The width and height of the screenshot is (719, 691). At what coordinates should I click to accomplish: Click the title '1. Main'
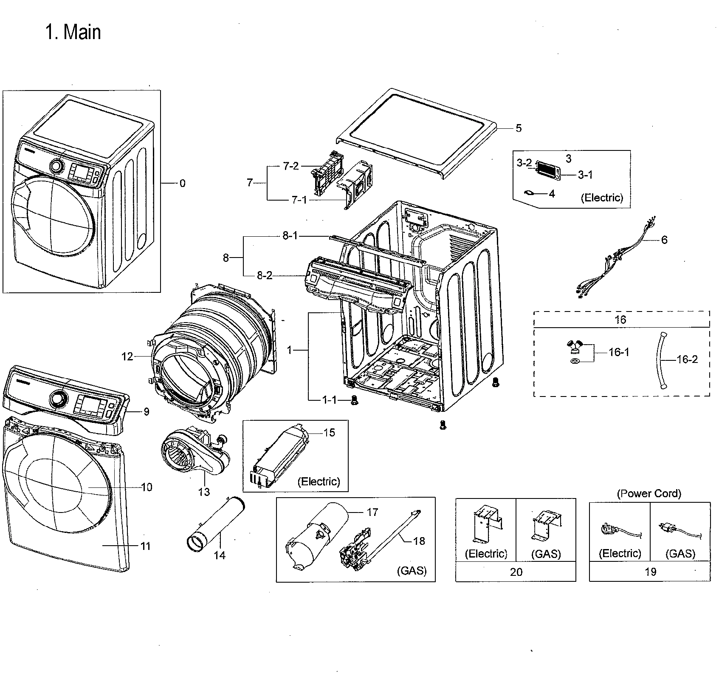tap(73, 33)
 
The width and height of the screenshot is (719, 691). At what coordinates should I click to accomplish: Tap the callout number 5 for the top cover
tap(519, 128)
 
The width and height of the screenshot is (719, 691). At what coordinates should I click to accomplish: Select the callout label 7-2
tap(291, 166)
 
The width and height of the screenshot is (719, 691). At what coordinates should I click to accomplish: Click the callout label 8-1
tap(290, 235)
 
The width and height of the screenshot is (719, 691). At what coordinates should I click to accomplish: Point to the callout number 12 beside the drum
tap(127, 357)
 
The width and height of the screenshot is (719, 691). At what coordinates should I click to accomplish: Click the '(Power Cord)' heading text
tap(649, 493)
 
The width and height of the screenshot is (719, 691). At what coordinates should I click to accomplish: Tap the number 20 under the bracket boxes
tap(516, 572)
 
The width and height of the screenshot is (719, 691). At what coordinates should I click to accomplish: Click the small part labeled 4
tap(529, 193)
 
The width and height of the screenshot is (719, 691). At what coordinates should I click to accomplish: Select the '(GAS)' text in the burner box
tap(412, 570)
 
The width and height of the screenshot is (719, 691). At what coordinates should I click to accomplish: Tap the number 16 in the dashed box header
tap(620, 320)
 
